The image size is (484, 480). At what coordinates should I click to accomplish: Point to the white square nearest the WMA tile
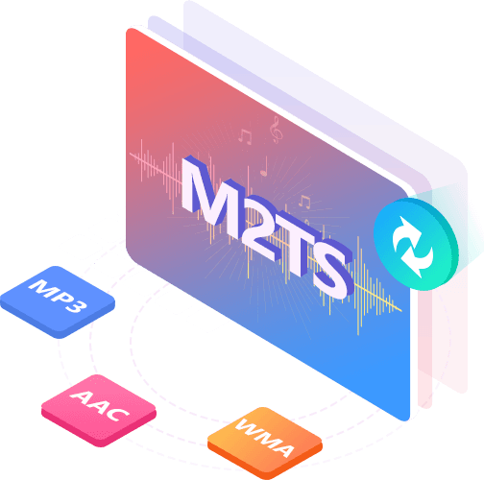tap(206, 318)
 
